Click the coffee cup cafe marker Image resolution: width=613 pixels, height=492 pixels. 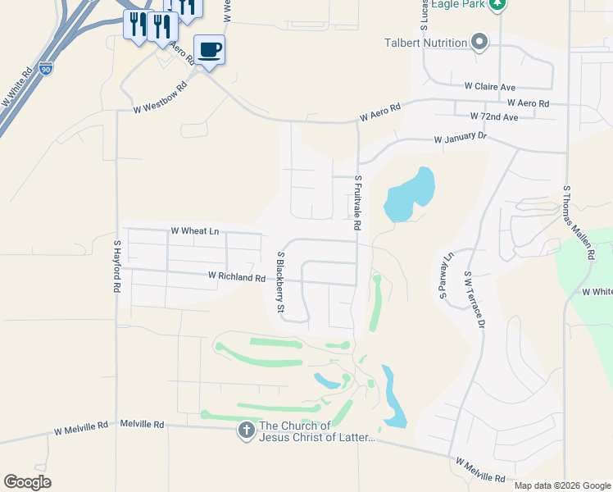(209, 50)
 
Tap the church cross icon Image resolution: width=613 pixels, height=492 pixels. (247, 430)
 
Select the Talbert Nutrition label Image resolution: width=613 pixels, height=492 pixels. (425, 43)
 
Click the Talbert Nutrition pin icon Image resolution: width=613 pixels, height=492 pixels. (479, 42)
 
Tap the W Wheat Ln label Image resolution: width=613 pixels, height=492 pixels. (194, 232)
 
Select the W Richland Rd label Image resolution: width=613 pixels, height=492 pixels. (236, 278)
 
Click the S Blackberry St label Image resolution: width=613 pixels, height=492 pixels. (279, 282)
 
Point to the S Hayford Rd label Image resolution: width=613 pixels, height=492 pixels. (117, 267)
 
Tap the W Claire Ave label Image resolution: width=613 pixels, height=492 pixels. (489, 86)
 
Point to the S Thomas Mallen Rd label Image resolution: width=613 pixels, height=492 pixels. (577, 223)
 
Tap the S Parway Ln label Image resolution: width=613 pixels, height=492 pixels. (447, 276)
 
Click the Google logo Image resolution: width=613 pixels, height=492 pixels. (27, 482)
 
